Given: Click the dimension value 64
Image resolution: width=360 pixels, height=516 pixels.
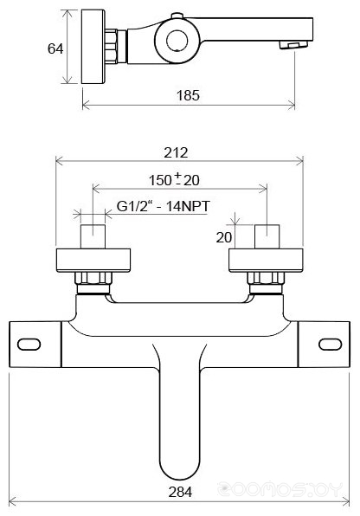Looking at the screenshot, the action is click(55, 48).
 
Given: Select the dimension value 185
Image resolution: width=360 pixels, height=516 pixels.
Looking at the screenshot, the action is click(188, 95).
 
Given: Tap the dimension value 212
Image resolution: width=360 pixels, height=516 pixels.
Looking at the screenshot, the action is click(176, 152).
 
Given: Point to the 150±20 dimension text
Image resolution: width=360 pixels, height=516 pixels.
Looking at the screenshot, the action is click(174, 180).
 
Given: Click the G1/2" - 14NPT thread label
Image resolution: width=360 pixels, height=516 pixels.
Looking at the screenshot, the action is click(164, 206).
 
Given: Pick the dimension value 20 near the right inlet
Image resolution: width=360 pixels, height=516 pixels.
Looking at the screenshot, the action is click(224, 237).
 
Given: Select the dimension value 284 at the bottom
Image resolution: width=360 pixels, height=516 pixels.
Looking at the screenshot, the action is click(180, 492).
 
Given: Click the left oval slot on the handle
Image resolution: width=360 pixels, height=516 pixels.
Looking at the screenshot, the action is click(29, 345).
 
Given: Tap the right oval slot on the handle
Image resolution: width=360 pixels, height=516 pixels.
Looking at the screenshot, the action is click(330, 345).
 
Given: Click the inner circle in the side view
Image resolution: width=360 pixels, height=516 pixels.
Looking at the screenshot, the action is click(177, 41).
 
